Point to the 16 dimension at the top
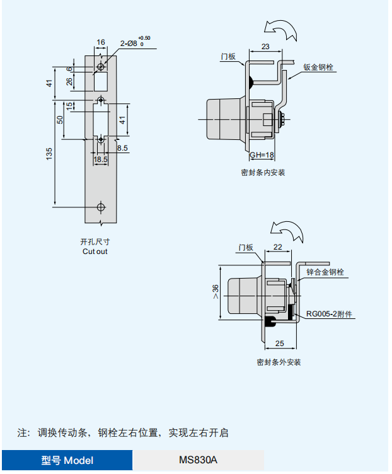tap(100, 42)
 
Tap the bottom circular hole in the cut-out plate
tap(101, 207)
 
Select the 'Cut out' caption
tap(95, 251)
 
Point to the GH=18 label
tap(262, 155)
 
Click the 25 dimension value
tap(280, 344)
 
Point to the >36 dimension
tap(216, 291)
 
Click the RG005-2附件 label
tap(329, 314)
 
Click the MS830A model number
tap(199, 460)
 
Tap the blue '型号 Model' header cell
tap(67, 460)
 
